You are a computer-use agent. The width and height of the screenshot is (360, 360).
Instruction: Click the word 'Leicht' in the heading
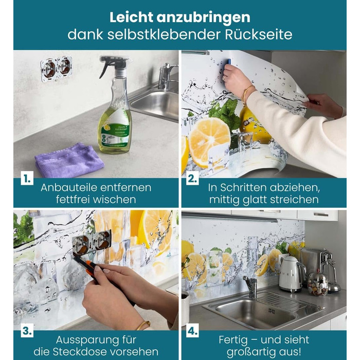point(131,17)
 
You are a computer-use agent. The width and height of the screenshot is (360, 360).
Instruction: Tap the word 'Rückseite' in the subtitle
point(259,34)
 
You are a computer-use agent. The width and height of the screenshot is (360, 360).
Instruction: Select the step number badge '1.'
point(27,178)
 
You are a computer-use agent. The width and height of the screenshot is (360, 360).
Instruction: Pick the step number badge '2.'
point(192,178)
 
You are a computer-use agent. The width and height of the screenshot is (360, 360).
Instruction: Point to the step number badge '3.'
point(27,331)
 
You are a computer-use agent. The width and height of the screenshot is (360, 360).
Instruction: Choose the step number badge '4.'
point(192,331)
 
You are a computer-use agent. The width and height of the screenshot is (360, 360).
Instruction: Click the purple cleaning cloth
point(69,160)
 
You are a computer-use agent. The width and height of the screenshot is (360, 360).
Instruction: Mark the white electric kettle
point(292,274)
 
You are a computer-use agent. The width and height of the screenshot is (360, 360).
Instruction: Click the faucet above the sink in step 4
point(251,286)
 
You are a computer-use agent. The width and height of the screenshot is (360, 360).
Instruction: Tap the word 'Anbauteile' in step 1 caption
point(69,188)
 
